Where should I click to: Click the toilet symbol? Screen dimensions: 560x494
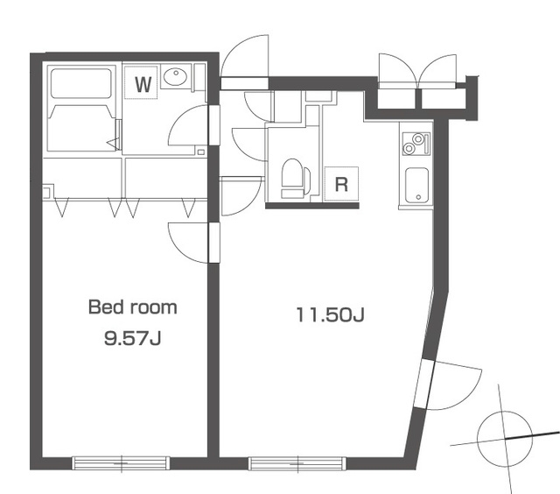296,179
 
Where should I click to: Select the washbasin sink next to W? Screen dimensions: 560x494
175,76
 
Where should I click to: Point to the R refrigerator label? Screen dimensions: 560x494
341,185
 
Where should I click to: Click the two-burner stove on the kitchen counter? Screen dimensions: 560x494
416,144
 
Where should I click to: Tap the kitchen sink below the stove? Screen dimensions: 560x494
416,185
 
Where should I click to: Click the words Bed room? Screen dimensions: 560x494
132,307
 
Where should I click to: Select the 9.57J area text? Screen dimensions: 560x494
132,338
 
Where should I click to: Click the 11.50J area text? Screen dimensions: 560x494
330,315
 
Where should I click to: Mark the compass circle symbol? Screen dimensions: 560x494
505,438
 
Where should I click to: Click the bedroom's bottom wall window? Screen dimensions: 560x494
121,462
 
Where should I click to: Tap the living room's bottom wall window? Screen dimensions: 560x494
297,463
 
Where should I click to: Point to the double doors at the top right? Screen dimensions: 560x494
417,71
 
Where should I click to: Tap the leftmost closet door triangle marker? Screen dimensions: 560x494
62,208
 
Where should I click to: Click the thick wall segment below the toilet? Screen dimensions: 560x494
312,206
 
